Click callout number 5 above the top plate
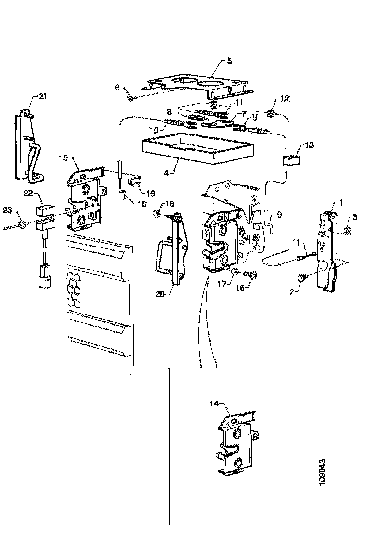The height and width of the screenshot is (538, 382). pos(229,61)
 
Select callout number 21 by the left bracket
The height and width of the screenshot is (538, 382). pos(43,97)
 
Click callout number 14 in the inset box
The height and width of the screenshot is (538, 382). pos(213,404)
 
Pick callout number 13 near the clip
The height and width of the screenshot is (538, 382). pos(311,145)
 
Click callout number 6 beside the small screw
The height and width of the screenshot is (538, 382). pos(117,88)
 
